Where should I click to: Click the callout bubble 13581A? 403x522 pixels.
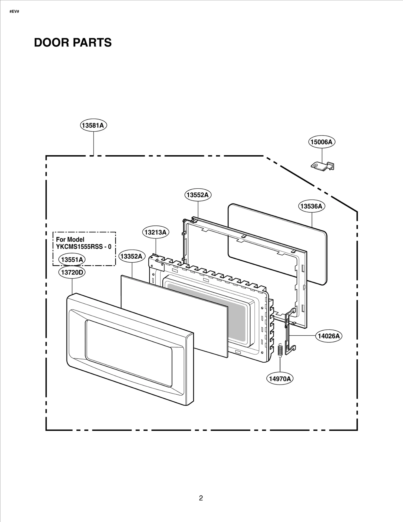pyautogui.click(x=93, y=125)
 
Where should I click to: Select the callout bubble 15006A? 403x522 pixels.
pyautogui.click(x=322, y=142)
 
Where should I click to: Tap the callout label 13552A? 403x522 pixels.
pyautogui.click(x=198, y=195)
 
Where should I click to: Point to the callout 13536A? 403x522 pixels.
pyautogui.click(x=312, y=206)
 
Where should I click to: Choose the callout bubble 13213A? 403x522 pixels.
pyautogui.click(x=156, y=232)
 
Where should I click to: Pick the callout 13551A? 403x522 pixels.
pyautogui.click(x=72, y=260)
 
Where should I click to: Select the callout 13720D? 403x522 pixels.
pyautogui.click(x=72, y=272)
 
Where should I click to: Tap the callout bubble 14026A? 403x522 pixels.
pyautogui.click(x=329, y=336)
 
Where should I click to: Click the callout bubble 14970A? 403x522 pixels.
pyautogui.click(x=280, y=386)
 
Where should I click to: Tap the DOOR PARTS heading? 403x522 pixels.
pyautogui.click(x=73, y=43)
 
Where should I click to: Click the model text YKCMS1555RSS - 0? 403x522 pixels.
pyautogui.click(x=84, y=247)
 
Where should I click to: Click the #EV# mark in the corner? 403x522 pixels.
pyautogui.click(x=14, y=12)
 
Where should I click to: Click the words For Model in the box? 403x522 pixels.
pyautogui.click(x=70, y=239)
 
